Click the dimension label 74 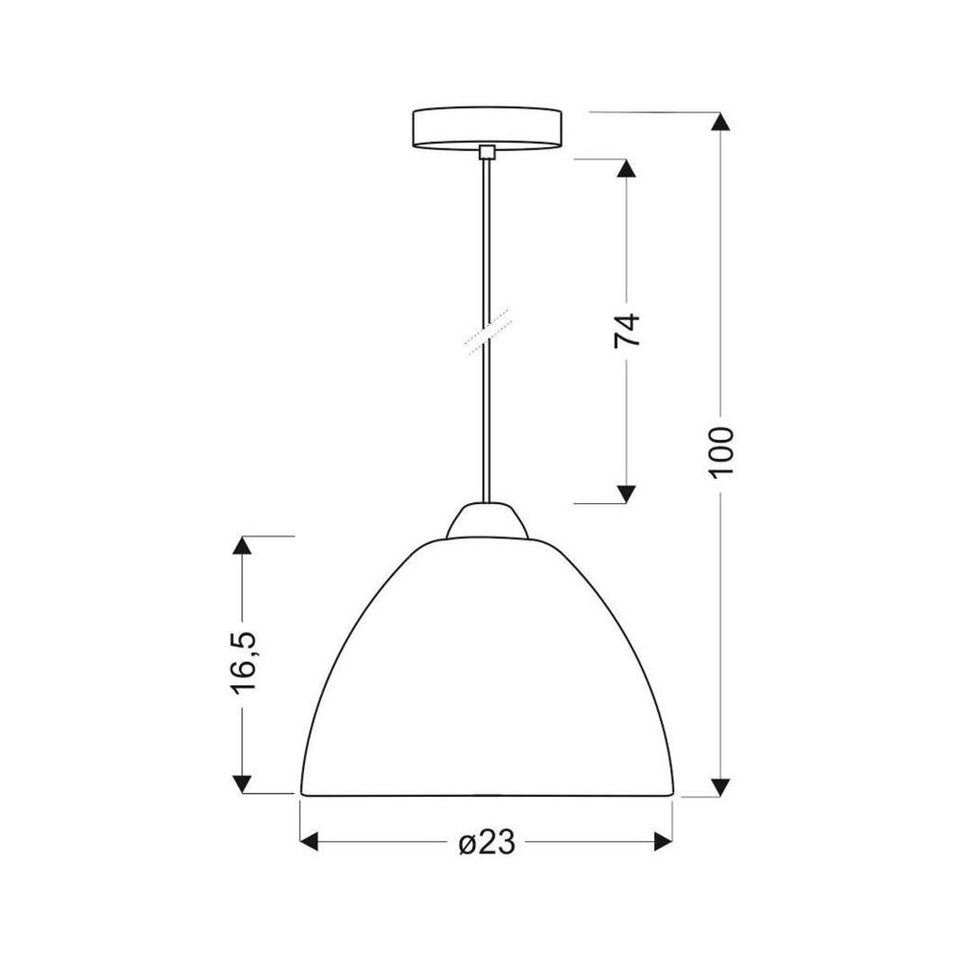(x=627, y=330)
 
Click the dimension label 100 (x=721, y=452)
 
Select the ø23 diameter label (x=486, y=843)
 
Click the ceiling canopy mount (x=486, y=128)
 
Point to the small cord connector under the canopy (x=486, y=152)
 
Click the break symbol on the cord (x=488, y=331)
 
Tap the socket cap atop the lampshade (x=487, y=522)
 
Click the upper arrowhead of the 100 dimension (x=720, y=121)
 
